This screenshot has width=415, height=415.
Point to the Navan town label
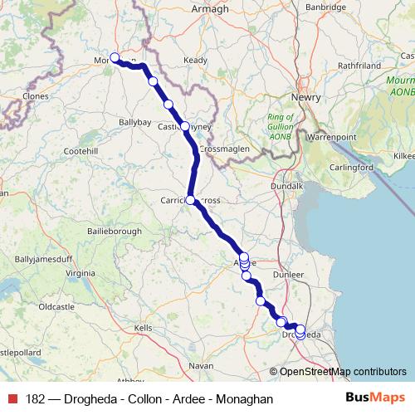point(201,365)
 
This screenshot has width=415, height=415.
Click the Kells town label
point(144,328)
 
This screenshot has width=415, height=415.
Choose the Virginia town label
point(81,272)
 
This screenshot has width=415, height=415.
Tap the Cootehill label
point(81,151)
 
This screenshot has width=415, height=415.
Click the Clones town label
point(36,96)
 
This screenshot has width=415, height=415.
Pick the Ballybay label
point(134,121)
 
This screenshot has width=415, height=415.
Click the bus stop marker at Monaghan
point(115,57)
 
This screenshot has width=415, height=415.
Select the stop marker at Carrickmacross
point(190,200)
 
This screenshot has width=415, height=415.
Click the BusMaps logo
point(375,398)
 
